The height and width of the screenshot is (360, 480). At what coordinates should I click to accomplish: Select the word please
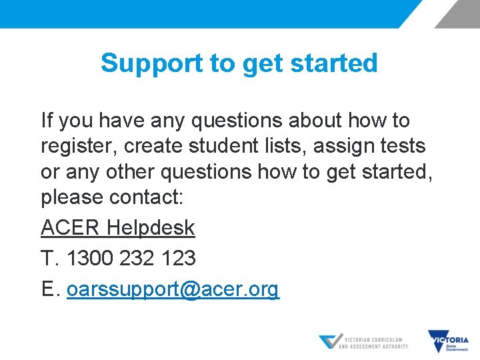coord(72,197)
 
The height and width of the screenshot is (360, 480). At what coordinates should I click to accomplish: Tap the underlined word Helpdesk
coord(151,228)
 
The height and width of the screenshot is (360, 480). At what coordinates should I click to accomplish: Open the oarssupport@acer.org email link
coord(173,290)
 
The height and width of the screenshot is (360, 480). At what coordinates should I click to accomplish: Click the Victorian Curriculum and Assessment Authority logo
coord(363,341)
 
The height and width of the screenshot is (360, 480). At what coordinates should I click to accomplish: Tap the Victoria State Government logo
coord(449,341)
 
